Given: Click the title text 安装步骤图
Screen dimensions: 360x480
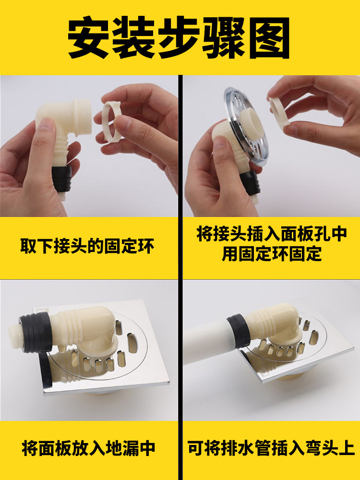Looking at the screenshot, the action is (179, 37).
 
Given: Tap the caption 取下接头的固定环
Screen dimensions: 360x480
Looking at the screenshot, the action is (87, 246).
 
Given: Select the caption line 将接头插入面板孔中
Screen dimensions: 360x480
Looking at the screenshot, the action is (272, 234).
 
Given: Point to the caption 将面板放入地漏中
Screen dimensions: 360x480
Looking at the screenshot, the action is (89, 448).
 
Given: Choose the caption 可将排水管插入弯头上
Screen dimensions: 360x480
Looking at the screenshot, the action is (271, 448).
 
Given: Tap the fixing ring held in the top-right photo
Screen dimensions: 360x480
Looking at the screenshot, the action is (280, 112).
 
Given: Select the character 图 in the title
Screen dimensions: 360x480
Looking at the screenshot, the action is (269, 37).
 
